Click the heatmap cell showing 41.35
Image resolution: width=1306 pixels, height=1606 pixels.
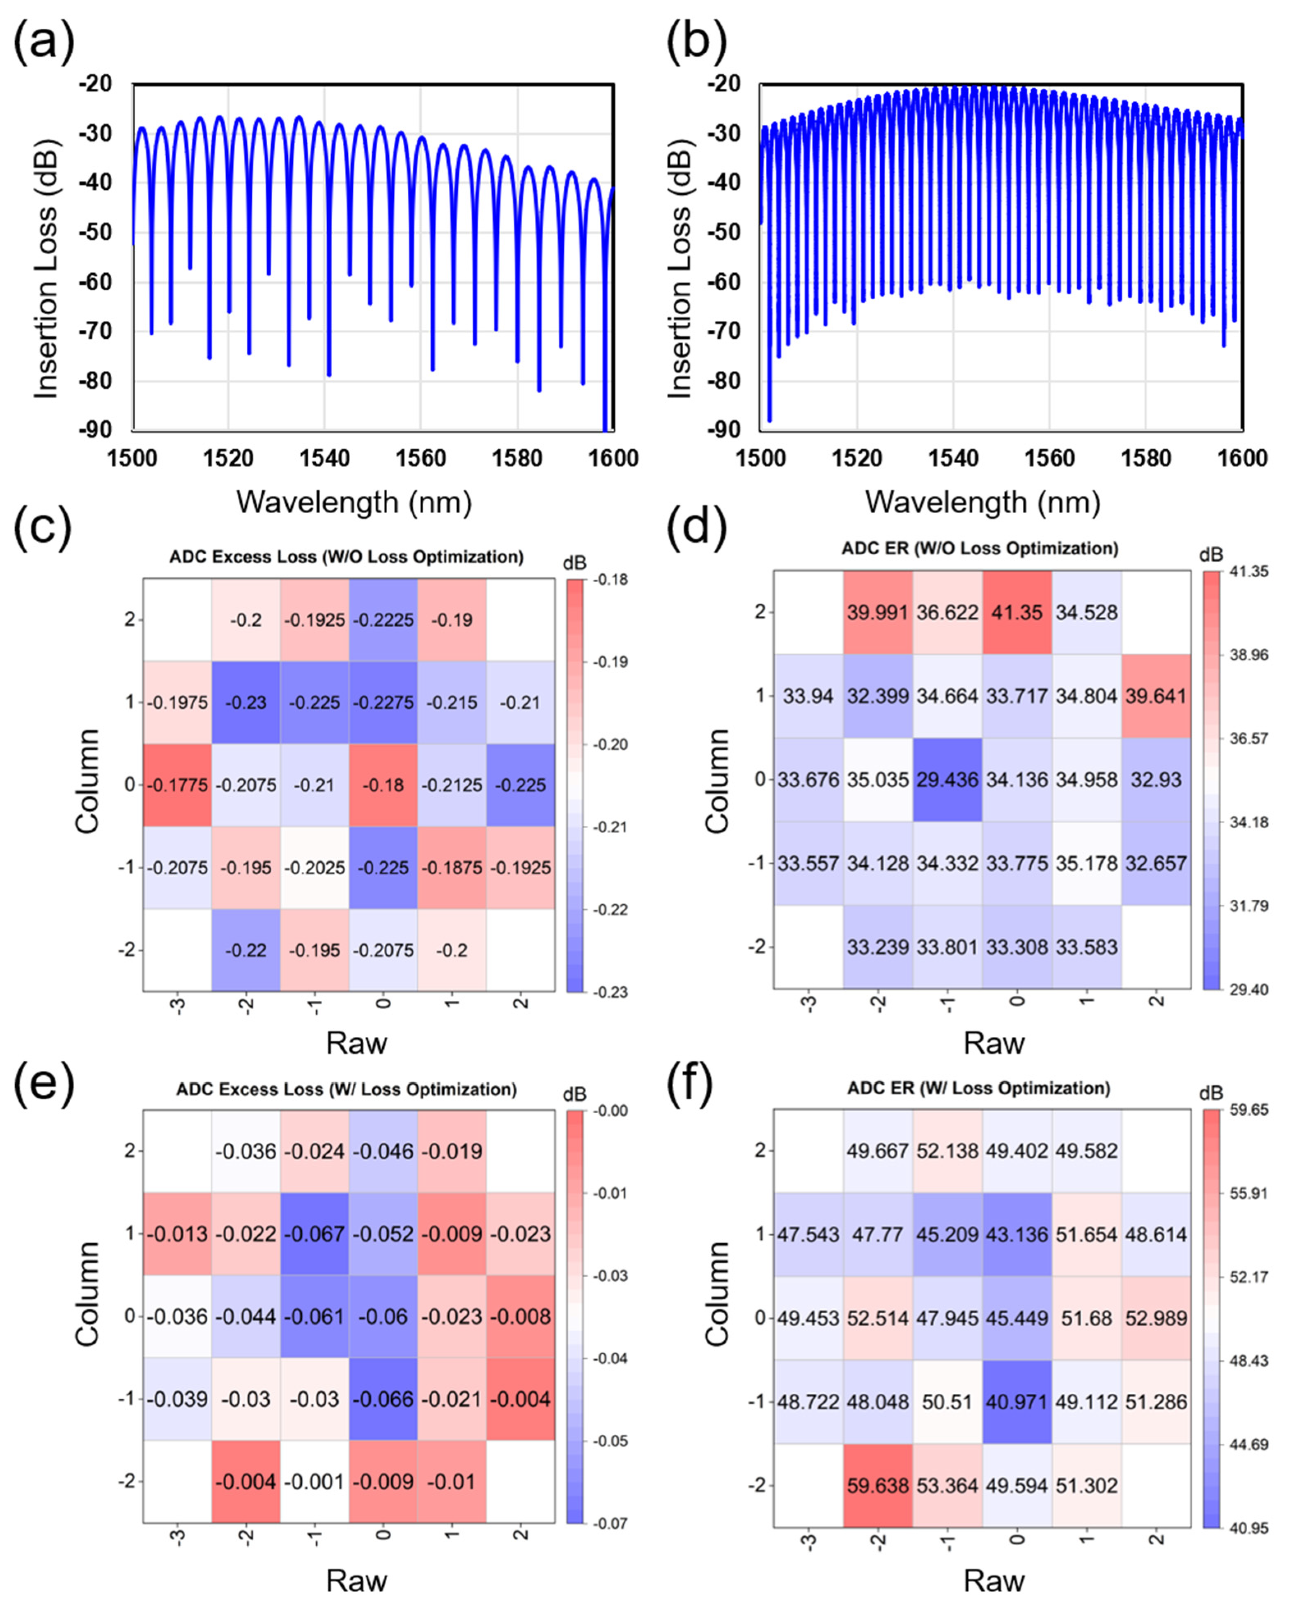(x=1017, y=612)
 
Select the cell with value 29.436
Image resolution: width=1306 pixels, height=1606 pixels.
(x=947, y=779)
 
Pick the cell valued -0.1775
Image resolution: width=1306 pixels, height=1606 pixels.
(x=177, y=785)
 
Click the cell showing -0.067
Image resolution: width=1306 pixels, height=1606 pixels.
(x=314, y=1234)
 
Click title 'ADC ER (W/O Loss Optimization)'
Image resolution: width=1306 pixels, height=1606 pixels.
(x=980, y=548)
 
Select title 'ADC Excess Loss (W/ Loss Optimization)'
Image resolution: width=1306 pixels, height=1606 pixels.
(x=346, y=1089)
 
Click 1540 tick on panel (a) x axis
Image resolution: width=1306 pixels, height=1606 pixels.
(x=325, y=458)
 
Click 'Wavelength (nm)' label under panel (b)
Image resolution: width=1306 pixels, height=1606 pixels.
(x=982, y=502)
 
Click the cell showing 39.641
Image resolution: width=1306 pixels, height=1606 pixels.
(x=1156, y=696)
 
